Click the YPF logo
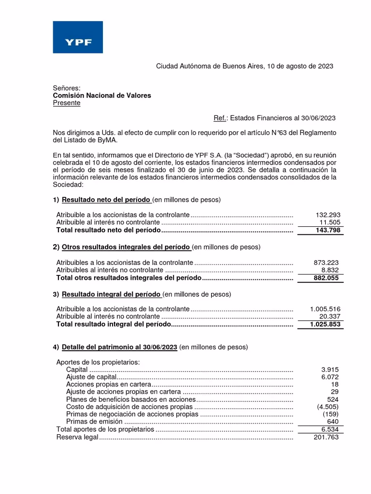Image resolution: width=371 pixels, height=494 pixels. pyautogui.click(x=78, y=37)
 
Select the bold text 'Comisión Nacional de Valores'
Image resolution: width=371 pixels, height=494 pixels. pyautogui.click(x=101, y=96)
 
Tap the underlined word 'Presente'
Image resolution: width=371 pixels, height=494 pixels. pyautogui.click(x=67, y=103)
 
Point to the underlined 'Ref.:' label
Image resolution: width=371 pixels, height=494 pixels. pyautogui.click(x=221, y=118)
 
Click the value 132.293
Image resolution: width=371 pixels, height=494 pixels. pyautogui.click(x=328, y=215)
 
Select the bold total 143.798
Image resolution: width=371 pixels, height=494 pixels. pyautogui.click(x=328, y=231)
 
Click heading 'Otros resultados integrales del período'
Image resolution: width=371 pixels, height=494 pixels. pyautogui.click(x=126, y=247)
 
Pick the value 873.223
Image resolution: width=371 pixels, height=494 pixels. pyautogui.click(x=327, y=262)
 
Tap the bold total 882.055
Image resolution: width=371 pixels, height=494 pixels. pyautogui.click(x=327, y=278)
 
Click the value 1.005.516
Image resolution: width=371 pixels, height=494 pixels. pyautogui.click(x=325, y=309)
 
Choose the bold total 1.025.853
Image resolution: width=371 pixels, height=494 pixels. pyautogui.click(x=325, y=324)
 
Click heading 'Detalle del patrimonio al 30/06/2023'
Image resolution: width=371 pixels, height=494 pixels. pyautogui.click(x=120, y=347)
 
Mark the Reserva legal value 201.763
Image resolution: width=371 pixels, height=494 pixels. pyautogui.click(x=327, y=437)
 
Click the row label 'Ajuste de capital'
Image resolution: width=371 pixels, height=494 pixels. pyautogui.click(x=91, y=377)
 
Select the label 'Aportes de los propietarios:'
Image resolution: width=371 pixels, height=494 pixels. pyautogui.click(x=98, y=362)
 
